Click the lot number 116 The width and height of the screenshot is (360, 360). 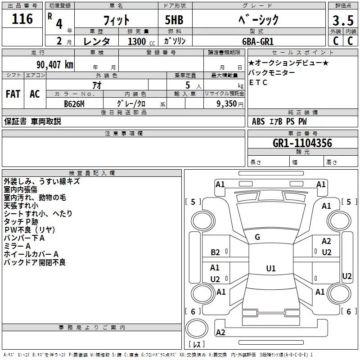tap(22, 19)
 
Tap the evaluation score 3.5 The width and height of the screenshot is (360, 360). tap(342, 21)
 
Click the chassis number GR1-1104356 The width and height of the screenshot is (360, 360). tap(302, 143)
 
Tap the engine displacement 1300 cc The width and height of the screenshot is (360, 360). tap(140, 42)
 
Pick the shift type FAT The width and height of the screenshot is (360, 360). tap(13, 94)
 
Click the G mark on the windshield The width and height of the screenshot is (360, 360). tap(257, 237)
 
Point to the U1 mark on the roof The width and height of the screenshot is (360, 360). tap(270, 269)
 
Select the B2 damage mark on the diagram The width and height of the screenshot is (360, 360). tap(216, 252)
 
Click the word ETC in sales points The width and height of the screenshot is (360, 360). tap(258, 82)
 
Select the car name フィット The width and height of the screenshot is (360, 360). tap(116, 20)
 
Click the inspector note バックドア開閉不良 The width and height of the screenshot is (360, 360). tap(35, 262)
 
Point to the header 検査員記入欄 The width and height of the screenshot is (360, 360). tap(92, 173)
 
